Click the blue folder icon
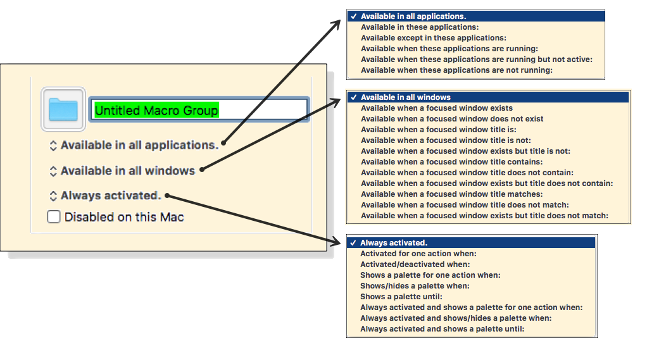63,109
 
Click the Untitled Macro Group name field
199,110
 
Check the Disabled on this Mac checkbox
54,217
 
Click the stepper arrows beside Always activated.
53,196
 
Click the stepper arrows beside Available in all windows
53,171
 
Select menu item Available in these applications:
420,27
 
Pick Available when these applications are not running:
456,70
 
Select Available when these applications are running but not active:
476,59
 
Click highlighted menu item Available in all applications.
413,16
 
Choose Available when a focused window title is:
438,130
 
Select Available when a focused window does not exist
452,119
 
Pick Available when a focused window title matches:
451,194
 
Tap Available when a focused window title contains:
451,162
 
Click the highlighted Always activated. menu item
394,243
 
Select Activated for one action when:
418,254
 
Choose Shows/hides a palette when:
415,286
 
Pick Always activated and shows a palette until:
442,329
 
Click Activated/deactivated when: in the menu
415,264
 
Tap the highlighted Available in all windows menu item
406,97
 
